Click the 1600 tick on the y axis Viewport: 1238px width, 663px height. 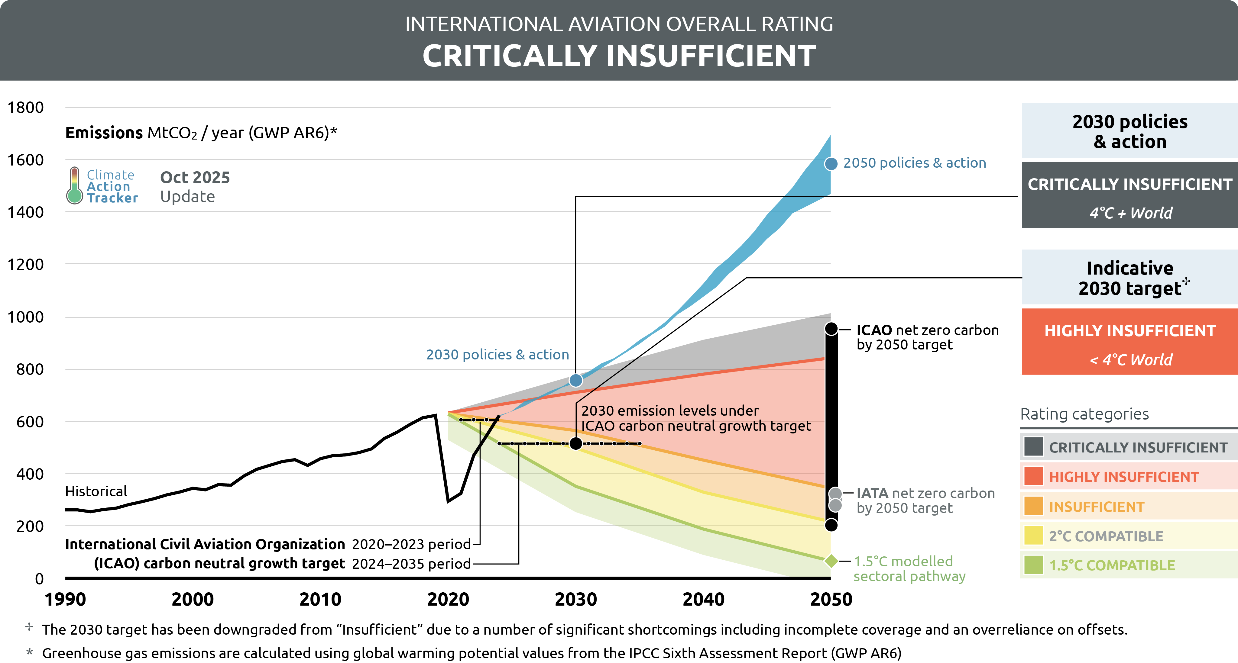(x=25, y=160)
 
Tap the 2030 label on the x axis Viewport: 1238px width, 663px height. (x=576, y=600)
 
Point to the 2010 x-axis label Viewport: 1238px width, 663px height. (x=320, y=600)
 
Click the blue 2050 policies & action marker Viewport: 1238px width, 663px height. (x=831, y=164)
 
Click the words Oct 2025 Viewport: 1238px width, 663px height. (x=195, y=177)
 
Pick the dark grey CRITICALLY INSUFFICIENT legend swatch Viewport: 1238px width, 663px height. (x=1033, y=447)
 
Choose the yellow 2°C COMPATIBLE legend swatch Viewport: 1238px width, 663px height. (x=1033, y=536)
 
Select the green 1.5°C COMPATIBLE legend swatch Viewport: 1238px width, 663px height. (x=1033, y=565)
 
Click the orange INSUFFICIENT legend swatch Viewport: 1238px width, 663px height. (x=1033, y=506)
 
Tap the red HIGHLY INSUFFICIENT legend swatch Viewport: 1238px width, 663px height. (x=1033, y=476)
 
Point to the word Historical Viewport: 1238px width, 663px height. (x=96, y=491)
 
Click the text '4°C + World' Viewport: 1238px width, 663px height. (x=1130, y=213)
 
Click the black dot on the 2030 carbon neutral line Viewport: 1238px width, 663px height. (x=576, y=443)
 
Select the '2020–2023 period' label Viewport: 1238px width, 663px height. (x=411, y=544)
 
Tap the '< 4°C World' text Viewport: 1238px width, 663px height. (x=1130, y=360)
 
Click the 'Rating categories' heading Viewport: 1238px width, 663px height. (x=1084, y=414)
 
